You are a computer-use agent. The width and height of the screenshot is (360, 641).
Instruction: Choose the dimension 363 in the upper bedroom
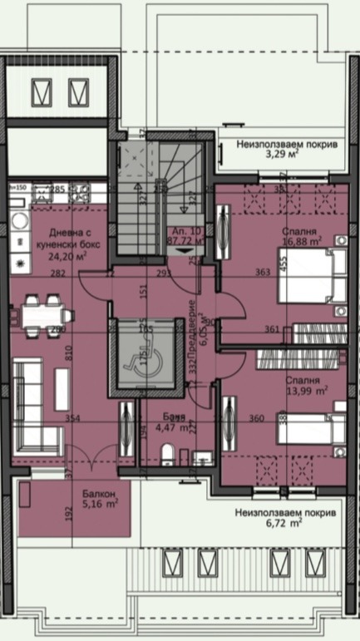click(x=261, y=272)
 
